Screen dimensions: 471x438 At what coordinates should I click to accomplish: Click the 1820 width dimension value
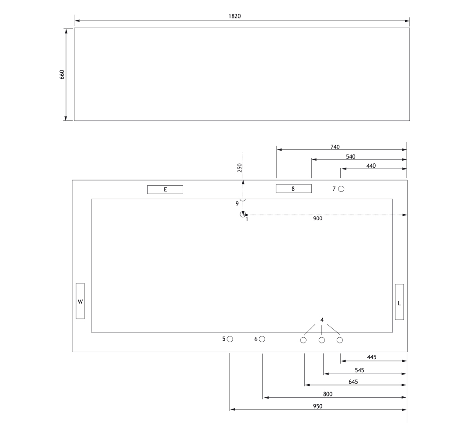[234, 16]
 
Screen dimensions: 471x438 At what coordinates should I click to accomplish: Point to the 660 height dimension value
[62, 74]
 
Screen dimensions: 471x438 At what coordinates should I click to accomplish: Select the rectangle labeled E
[165, 190]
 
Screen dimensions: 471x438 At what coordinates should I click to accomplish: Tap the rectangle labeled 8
[294, 189]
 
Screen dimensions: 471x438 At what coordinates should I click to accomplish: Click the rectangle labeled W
[80, 301]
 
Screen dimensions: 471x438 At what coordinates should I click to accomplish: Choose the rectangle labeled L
[399, 302]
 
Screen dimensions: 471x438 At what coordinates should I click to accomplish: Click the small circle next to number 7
[341, 189]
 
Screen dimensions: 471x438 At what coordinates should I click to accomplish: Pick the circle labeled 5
[230, 339]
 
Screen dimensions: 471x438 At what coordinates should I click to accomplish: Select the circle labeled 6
[262, 339]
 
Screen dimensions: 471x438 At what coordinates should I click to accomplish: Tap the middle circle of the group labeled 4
[322, 340]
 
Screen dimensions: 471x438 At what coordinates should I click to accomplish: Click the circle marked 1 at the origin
[243, 214]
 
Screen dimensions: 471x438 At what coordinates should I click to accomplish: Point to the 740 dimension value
[335, 147]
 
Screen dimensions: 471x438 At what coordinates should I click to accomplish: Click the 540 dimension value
[351, 157]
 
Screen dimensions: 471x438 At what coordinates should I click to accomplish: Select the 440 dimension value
[371, 166]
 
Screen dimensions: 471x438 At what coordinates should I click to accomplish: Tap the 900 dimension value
[317, 219]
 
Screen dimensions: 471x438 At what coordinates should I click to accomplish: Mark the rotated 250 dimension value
[239, 168]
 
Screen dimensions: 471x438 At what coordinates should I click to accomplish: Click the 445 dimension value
[372, 357]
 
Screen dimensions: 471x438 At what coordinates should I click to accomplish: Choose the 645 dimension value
[353, 382]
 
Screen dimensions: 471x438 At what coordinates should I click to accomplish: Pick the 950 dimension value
[317, 406]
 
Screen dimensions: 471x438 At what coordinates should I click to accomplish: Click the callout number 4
[322, 320]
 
